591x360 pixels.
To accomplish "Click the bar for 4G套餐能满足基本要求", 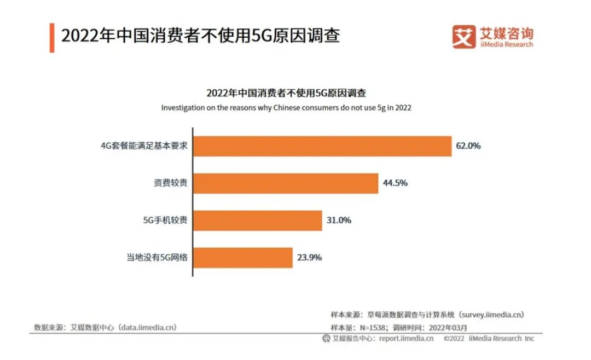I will pos(322,146).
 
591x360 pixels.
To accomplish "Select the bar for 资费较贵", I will pos(286,183).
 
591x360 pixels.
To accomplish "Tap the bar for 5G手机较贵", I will pos(258,220).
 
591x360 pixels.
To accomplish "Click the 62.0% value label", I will pos(468,146).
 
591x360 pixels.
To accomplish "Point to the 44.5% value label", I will pos(395,183).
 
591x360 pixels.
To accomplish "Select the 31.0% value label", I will pos(338,220).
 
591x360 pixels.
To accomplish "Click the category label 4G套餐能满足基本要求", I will pos(143,146).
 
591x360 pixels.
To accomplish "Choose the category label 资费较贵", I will pos(170,183).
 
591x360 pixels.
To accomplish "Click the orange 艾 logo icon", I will pos(463,37).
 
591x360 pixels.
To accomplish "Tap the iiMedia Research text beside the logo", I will pos(506,45).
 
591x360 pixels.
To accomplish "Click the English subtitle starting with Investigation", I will pos(286,108).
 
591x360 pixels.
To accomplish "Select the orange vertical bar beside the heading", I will pos(52,37).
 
